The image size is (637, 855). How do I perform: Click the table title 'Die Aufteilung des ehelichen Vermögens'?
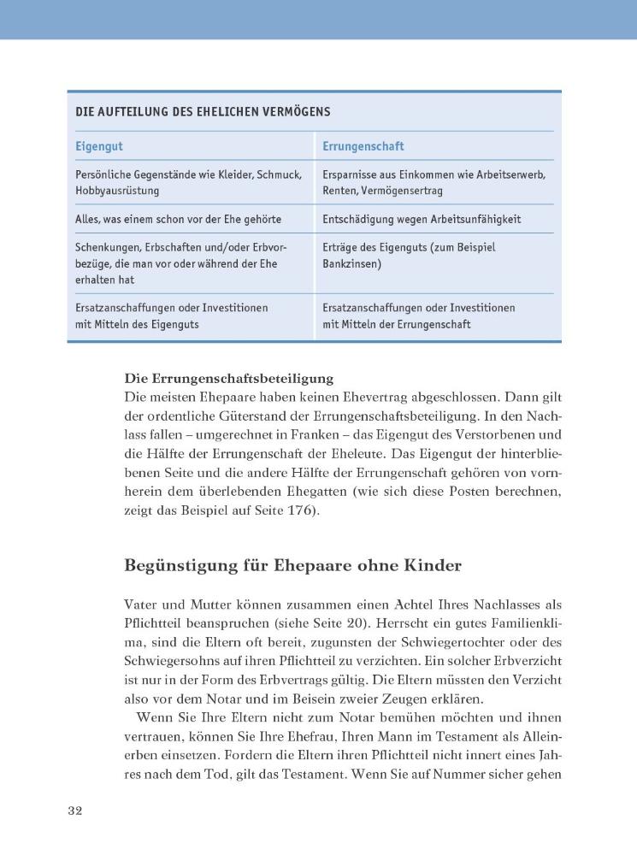pos(203,112)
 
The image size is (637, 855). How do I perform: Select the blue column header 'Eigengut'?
pos(99,147)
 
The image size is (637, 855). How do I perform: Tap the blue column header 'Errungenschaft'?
pos(363,147)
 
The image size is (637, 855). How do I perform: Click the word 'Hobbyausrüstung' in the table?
pos(117,191)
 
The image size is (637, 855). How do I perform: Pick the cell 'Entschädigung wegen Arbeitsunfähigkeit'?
pos(421,220)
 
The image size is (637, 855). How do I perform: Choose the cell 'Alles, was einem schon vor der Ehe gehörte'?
pos(178,220)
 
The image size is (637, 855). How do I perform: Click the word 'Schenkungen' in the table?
pos(107,248)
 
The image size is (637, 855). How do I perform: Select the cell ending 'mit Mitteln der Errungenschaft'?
pos(396,325)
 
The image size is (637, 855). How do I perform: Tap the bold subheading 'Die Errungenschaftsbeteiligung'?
pos(228,378)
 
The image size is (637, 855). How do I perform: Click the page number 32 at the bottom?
pos(74,811)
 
